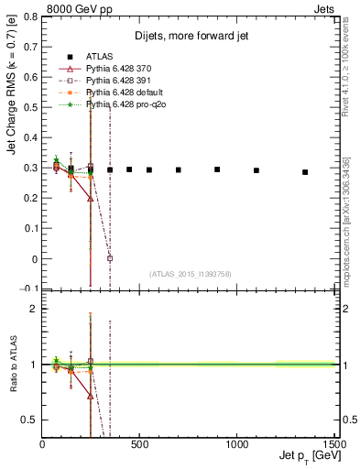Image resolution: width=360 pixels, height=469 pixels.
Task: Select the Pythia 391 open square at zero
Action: pyautogui.click(x=110, y=258)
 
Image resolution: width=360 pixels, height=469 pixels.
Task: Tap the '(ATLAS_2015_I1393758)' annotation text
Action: pyautogui.click(x=191, y=273)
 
